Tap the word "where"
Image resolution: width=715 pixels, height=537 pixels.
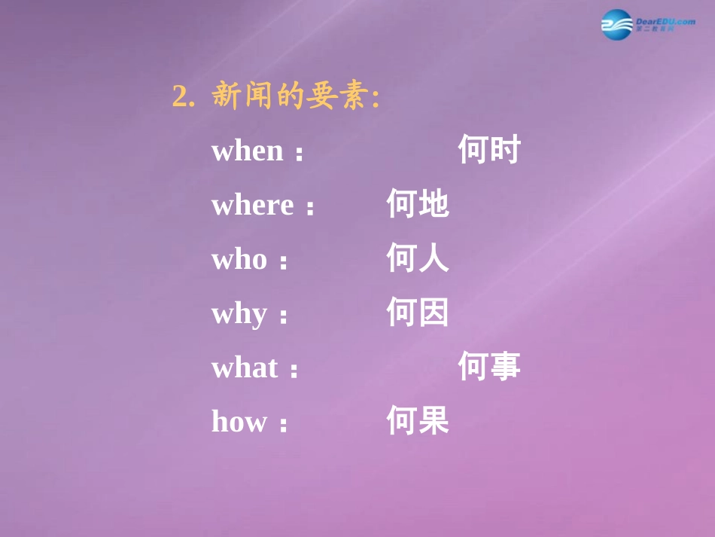click(x=252, y=205)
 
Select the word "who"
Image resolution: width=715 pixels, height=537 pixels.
click(x=239, y=259)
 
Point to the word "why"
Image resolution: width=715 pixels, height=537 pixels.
click(x=239, y=313)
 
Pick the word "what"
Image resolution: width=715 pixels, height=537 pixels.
click(x=245, y=368)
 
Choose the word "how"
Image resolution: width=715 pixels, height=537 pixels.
click(x=239, y=421)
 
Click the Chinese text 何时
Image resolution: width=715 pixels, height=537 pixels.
click(x=489, y=151)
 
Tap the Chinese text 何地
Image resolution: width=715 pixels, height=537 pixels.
click(x=418, y=205)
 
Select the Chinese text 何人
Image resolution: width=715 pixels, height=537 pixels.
click(x=418, y=259)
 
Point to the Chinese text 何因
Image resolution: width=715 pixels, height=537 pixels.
click(x=418, y=313)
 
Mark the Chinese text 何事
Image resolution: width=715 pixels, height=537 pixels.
click(x=489, y=368)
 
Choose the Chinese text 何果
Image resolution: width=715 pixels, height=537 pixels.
click(x=418, y=421)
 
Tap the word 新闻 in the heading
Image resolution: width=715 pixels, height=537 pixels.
click(x=241, y=96)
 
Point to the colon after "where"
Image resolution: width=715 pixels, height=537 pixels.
click(x=309, y=209)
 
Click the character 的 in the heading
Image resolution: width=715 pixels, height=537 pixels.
click(x=288, y=96)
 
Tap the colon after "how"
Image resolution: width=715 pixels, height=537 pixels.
click(x=283, y=425)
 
